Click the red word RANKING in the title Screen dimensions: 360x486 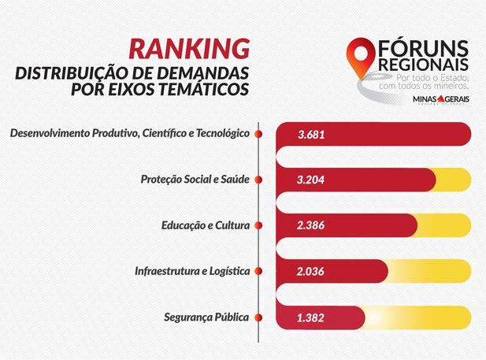pyautogui.click(x=190, y=50)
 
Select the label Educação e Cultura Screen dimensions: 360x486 pyautogui.click(x=205, y=225)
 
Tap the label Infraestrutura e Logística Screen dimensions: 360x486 pyautogui.click(x=192, y=271)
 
